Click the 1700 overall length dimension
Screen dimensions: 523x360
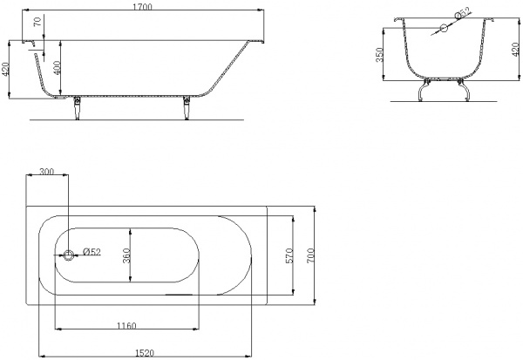pyautogui.click(x=142, y=6)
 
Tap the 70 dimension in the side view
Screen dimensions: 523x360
pyautogui.click(x=38, y=22)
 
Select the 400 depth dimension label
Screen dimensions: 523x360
pyautogui.click(x=57, y=68)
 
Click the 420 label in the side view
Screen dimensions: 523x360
pyautogui.click(x=4, y=69)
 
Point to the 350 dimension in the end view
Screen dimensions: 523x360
pyautogui.click(x=379, y=54)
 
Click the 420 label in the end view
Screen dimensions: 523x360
pyautogui.click(x=516, y=50)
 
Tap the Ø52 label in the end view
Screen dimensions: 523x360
pyautogui.click(x=463, y=12)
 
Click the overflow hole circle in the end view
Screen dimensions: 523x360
pyautogui.click(x=444, y=29)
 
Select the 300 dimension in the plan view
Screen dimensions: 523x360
pyautogui.click(x=46, y=172)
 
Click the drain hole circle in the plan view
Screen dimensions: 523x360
pyautogui.click(x=68, y=255)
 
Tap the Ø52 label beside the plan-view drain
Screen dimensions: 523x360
pyautogui.click(x=92, y=252)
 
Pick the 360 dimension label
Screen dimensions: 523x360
pyautogui.click(x=126, y=255)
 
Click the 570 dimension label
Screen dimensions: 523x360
pyautogui.click(x=289, y=255)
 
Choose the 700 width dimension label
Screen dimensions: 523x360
pyautogui.click(x=310, y=255)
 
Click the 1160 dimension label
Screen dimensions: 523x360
pyautogui.click(x=126, y=325)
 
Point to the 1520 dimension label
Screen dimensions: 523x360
pyautogui.click(x=145, y=352)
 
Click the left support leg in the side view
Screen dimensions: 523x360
pyautogui.click(x=77, y=108)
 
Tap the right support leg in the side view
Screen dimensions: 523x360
pyautogui.click(x=187, y=108)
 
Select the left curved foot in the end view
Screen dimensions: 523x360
pyautogui.click(x=423, y=90)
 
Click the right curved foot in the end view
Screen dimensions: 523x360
pyautogui.click(x=464, y=90)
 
